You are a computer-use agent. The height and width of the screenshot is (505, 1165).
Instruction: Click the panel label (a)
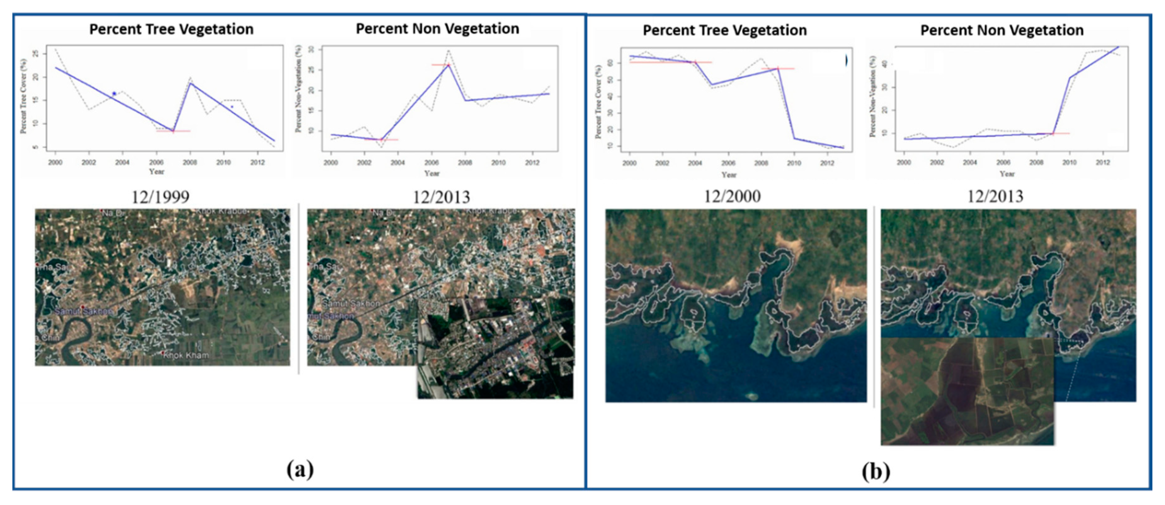coord(300,470)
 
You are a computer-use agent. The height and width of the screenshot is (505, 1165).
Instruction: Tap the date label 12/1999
coord(161,197)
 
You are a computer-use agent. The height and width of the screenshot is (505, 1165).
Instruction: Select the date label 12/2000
coord(732,196)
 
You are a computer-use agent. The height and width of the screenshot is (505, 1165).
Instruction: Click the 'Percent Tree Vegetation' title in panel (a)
coord(171,29)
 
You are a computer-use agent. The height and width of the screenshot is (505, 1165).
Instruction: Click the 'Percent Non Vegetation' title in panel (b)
coord(1002,30)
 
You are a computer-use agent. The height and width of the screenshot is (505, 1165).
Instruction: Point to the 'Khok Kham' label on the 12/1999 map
coord(186,355)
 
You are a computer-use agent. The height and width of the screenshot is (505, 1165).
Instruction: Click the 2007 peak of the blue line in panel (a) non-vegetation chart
coord(448,65)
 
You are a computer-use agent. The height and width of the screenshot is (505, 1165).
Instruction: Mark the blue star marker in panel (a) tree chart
coord(114,94)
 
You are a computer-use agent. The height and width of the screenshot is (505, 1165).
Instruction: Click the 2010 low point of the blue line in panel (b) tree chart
coord(794,138)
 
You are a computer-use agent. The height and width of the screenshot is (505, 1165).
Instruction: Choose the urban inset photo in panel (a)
coord(495,348)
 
